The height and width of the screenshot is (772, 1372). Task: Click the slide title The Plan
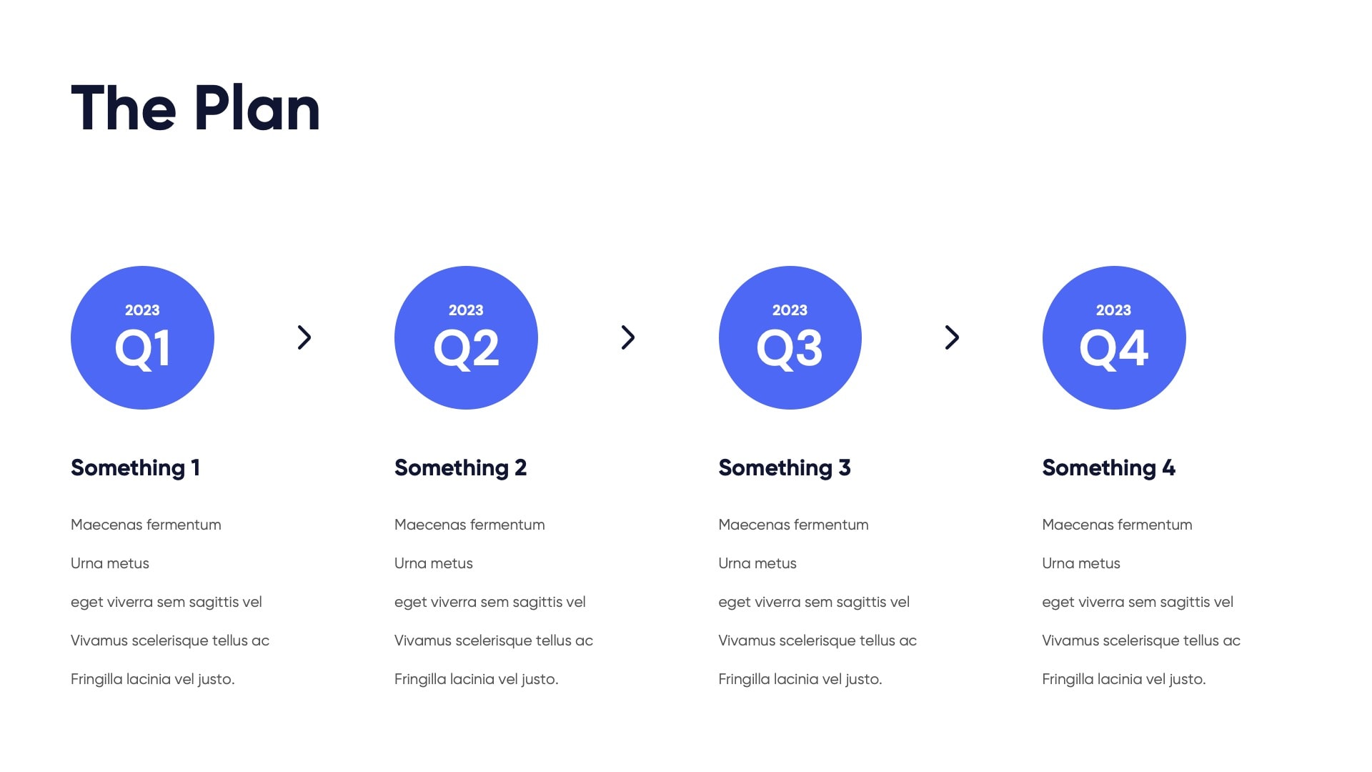(195, 108)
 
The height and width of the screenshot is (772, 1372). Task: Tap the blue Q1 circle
(142, 337)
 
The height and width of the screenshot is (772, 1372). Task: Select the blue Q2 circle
(466, 337)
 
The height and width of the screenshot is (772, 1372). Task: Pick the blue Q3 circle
(790, 337)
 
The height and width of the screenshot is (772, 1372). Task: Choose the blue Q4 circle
(1114, 337)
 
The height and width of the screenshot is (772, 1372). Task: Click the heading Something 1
(135, 468)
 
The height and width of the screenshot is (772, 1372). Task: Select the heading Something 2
(460, 468)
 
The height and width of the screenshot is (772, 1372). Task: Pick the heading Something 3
(785, 468)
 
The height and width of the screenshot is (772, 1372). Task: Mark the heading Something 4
(1108, 468)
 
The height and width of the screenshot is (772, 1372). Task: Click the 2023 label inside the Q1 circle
(142, 310)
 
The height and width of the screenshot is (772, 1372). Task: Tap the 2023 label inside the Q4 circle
(1113, 310)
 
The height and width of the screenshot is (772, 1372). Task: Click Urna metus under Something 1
(110, 563)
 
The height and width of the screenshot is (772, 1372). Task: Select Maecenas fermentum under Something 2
(469, 525)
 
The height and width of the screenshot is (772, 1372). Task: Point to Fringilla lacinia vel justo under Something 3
(800, 679)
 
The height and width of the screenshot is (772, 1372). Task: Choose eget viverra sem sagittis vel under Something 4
(1138, 602)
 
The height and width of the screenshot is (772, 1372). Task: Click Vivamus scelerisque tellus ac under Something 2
(494, 640)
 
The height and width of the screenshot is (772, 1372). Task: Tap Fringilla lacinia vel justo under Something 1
(153, 679)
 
